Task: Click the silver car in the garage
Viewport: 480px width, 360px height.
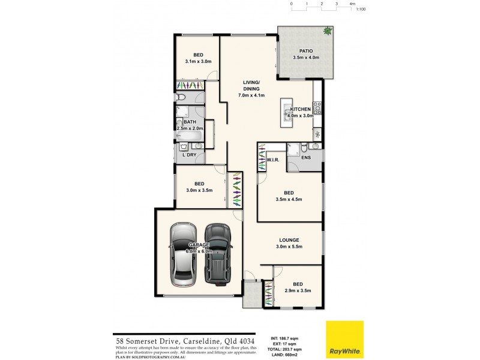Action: [181, 255]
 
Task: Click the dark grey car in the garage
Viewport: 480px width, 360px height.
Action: [217, 254]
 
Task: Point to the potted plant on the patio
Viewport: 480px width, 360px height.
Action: [327, 31]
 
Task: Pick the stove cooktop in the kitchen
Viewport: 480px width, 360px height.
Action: [317, 109]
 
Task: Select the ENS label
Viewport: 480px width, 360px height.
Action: [305, 158]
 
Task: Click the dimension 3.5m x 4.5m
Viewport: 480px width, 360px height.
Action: [289, 200]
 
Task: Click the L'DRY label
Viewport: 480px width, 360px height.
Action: [190, 155]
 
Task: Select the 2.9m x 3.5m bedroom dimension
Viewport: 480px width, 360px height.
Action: [298, 291]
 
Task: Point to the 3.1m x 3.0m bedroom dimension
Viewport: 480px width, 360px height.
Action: [198, 62]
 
